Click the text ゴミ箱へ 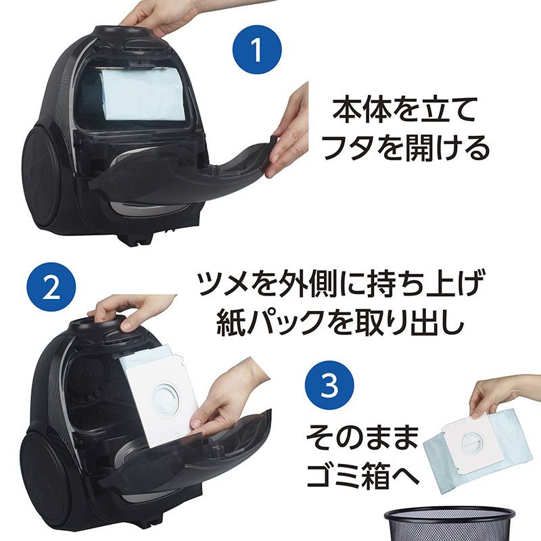click(x=362, y=476)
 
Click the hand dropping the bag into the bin click(x=497, y=396)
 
